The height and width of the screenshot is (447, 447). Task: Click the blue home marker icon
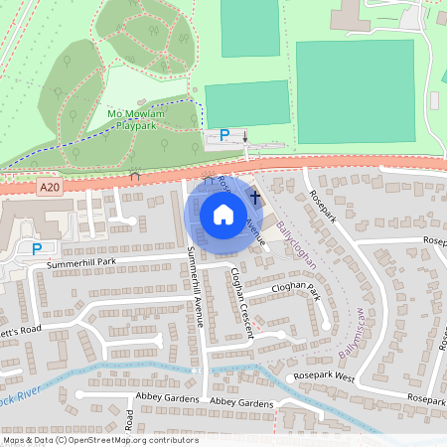coord(223,214)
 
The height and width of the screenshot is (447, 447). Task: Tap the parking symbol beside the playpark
coord(224,134)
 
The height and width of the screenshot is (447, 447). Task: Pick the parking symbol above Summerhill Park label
coord(38,249)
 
